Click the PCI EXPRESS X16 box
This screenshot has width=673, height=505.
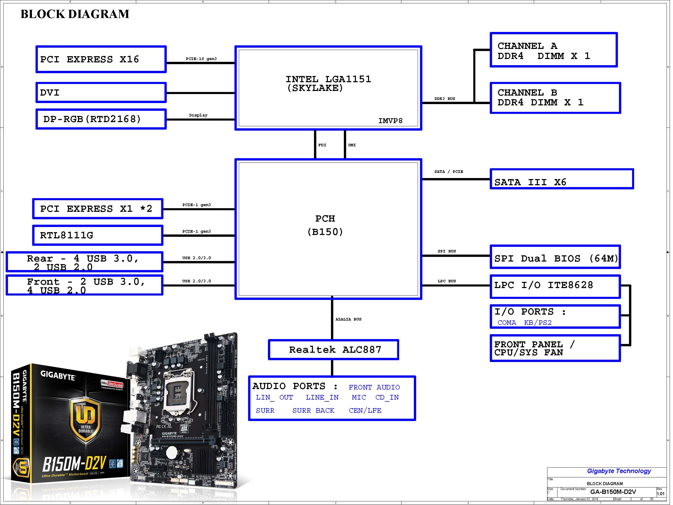(101, 60)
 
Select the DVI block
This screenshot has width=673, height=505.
(101, 92)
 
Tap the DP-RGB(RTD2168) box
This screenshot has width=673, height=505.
(101, 119)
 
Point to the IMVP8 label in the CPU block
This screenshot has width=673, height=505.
(390, 121)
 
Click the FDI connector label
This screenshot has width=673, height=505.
(322, 145)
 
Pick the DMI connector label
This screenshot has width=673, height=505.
(352, 145)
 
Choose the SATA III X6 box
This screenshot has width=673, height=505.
(561, 179)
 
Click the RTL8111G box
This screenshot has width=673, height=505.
(98, 235)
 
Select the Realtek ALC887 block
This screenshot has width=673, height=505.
(334, 350)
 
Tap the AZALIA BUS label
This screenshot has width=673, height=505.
(348, 319)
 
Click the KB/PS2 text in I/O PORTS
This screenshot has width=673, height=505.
(538, 323)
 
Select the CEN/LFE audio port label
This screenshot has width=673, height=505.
(365, 411)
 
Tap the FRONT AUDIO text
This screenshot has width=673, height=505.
(374, 388)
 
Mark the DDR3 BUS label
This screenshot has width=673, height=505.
(444, 99)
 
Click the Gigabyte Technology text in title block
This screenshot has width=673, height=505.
(619, 471)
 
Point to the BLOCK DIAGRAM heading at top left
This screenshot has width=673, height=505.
(75, 14)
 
